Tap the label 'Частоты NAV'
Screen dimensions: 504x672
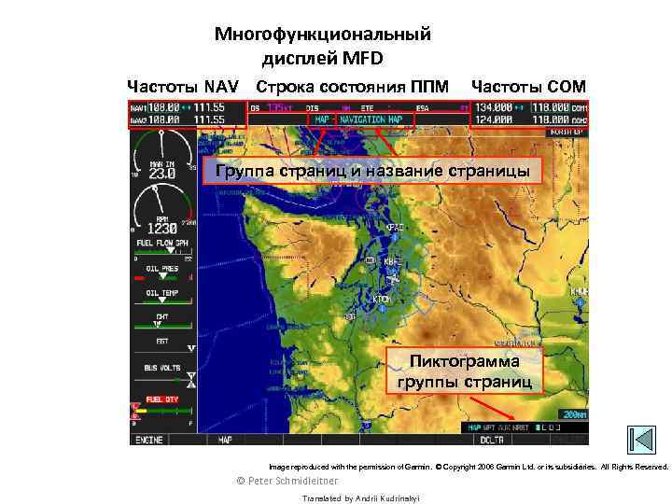pyautogui.click(x=183, y=87)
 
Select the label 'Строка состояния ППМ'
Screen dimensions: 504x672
pyautogui.click(x=354, y=87)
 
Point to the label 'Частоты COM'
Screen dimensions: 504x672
pyautogui.click(x=528, y=87)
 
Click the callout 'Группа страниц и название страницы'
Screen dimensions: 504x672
pyautogui.click(x=372, y=172)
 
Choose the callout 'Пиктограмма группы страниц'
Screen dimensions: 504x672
pyautogui.click(x=464, y=371)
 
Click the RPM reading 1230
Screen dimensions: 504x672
pyautogui.click(x=161, y=229)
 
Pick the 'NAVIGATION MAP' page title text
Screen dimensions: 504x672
pyautogui.click(x=371, y=119)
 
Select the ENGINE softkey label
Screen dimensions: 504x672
pyautogui.click(x=148, y=439)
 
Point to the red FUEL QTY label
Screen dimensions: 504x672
pyautogui.click(x=161, y=399)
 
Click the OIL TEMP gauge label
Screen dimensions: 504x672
pyautogui.click(x=161, y=293)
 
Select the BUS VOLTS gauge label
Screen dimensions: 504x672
pyautogui.click(x=162, y=369)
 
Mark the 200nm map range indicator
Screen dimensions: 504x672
pyautogui.click(x=573, y=413)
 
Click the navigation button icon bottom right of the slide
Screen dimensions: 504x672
pyautogui.click(x=641, y=440)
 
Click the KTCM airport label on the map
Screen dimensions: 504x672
pyautogui.click(x=382, y=299)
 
